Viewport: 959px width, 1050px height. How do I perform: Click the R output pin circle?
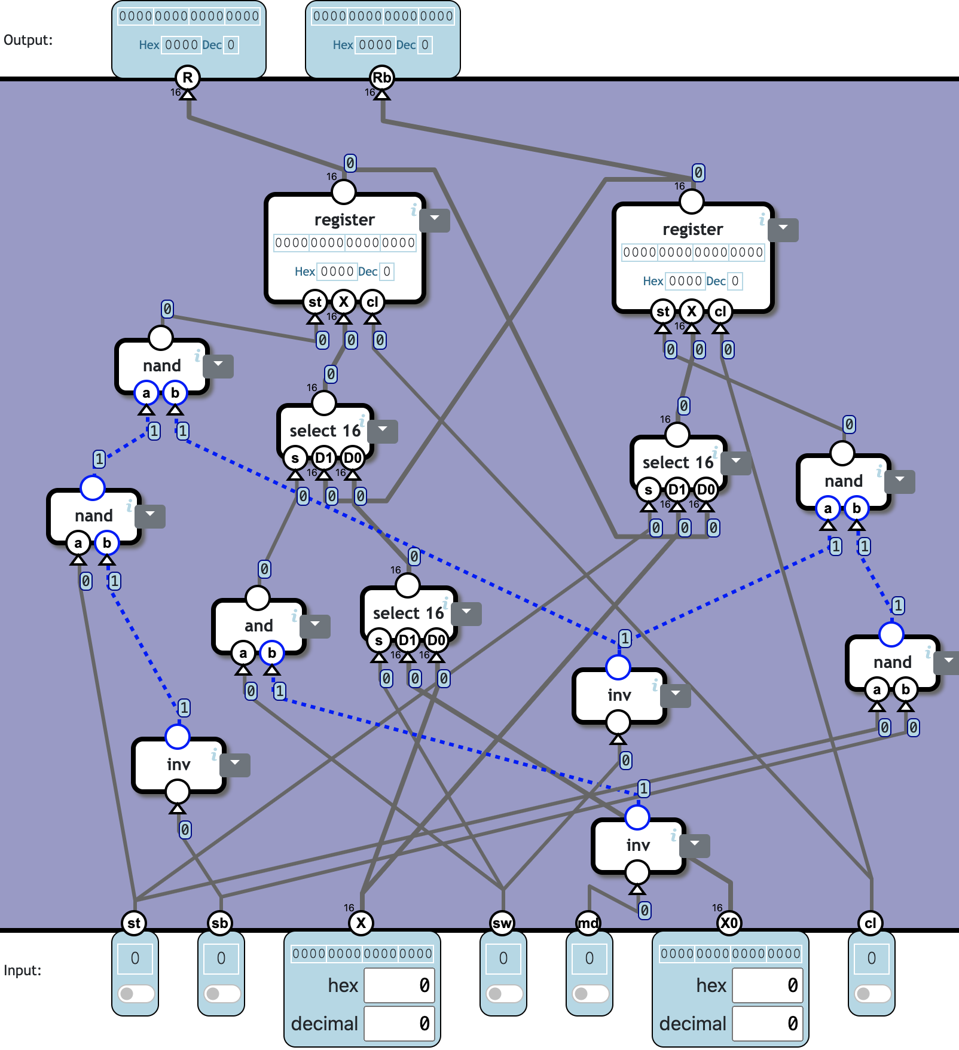[x=188, y=77]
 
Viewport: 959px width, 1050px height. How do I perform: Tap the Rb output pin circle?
[x=381, y=77]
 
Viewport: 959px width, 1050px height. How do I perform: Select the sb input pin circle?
[x=220, y=923]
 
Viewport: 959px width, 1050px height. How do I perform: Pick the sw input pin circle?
[x=502, y=923]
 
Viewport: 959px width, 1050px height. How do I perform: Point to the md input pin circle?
[x=588, y=923]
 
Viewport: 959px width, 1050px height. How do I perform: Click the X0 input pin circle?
[x=729, y=923]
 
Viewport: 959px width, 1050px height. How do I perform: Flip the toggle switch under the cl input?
[x=871, y=994]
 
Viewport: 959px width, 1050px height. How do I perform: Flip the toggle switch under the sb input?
[x=221, y=994]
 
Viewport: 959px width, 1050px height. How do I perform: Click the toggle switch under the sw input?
[x=503, y=994]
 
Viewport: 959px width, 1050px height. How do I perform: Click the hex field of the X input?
[x=399, y=985]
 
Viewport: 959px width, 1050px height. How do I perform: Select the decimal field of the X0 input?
[x=767, y=1023]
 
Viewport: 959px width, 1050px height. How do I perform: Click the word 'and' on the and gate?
[x=258, y=625]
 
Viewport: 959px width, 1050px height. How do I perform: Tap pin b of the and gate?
[x=272, y=653]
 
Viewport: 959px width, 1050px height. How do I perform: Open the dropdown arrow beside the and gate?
[x=315, y=625]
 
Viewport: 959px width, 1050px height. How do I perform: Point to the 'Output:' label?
[x=28, y=40]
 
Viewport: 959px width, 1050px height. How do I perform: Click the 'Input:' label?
[x=23, y=970]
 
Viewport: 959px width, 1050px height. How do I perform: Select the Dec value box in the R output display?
[x=231, y=45]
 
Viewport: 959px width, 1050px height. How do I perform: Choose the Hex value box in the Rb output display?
[x=375, y=45]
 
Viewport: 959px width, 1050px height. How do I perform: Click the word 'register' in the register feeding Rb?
[x=692, y=230]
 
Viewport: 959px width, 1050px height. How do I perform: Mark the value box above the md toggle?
[x=589, y=959]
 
